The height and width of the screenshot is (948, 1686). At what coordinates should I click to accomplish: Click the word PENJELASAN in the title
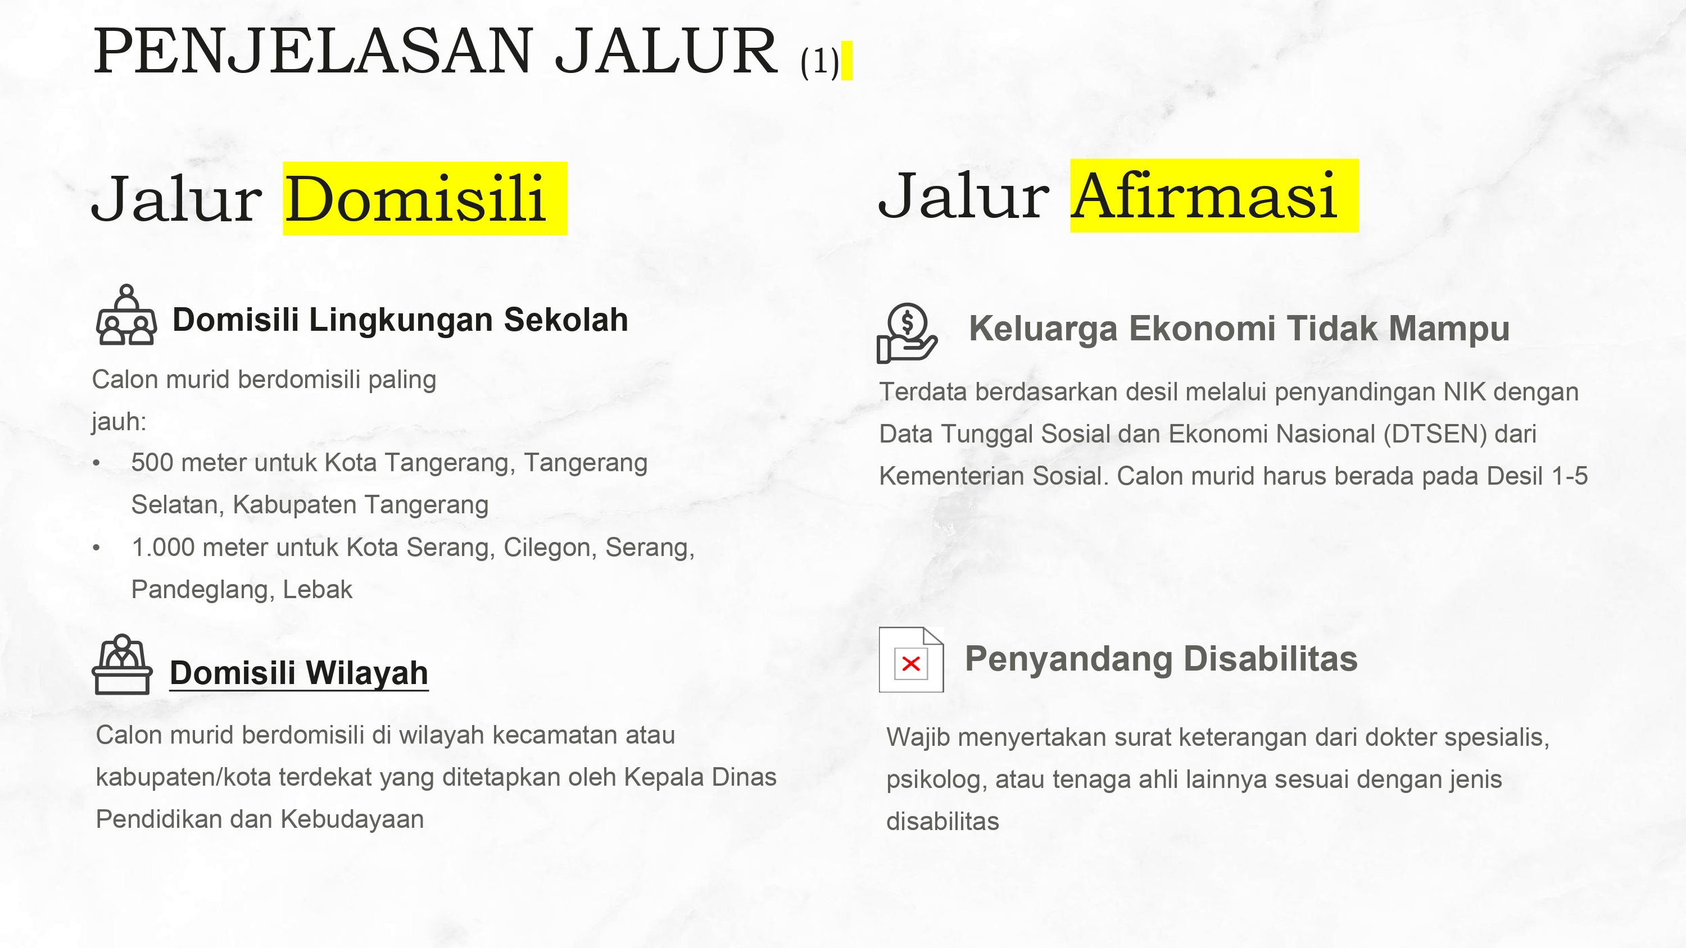point(313,52)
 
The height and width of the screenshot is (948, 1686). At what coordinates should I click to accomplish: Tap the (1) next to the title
point(819,62)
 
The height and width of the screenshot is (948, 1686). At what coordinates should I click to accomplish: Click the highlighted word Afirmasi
point(1204,195)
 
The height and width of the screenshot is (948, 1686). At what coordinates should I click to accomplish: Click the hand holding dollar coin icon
point(907,333)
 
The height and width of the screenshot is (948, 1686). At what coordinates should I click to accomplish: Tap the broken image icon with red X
point(911,659)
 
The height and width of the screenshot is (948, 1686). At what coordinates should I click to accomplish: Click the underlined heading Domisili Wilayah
point(299,673)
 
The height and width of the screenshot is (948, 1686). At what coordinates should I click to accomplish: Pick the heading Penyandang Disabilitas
point(1161,659)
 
